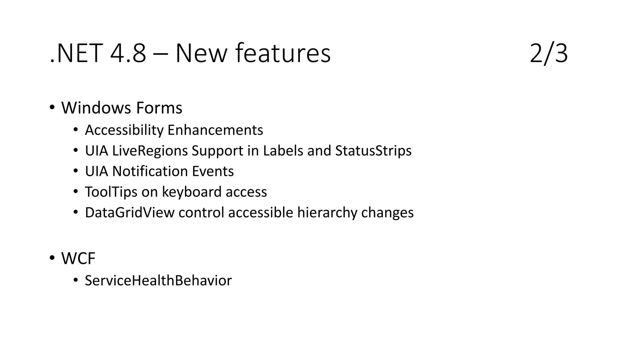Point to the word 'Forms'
pos(159,108)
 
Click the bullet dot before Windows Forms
pos(52,107)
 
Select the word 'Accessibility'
pos(124,130)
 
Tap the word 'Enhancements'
pos(215,130)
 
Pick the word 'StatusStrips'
pos(373,151)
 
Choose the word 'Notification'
pos(150,172)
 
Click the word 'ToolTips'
pos(111,192)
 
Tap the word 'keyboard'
pos(192,192)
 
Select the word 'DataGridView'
pos(129,213)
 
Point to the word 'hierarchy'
pos(327,213)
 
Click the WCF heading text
pos(78,259)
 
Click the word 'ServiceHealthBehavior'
pos(158,281)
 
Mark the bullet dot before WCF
pos(52,258)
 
